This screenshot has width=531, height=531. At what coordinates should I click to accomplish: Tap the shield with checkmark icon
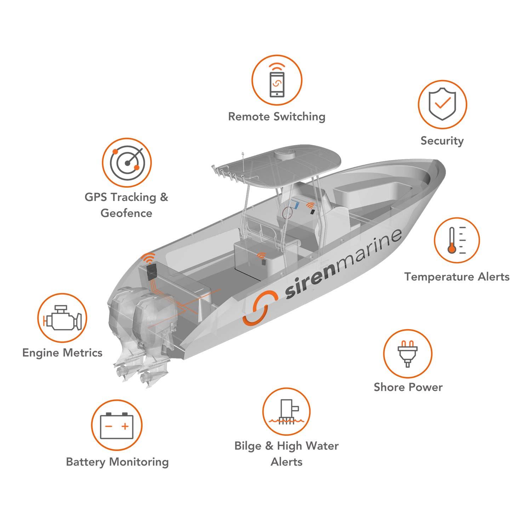pyautogui.click(x=442, y=103)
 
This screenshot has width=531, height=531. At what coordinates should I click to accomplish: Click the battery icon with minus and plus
pyautogui.click(x=117, y=425)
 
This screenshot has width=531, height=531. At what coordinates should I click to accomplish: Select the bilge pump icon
pyautogui.click(x=286, y=412)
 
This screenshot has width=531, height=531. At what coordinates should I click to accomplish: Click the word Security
pyautogui.click(x=442, y=141)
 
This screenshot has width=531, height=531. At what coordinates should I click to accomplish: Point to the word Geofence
pyautogui.click(x=126, y=213)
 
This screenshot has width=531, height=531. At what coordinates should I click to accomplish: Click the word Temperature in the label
pyautogui.click(x=439, y=277)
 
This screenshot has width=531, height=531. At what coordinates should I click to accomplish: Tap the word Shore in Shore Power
pyautogui.click(x=389, y=387)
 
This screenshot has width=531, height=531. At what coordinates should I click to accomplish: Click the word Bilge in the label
pyautogui.click(x=248, y=446)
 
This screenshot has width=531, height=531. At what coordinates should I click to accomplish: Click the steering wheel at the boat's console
pyautogui.click(x=287, y=213)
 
